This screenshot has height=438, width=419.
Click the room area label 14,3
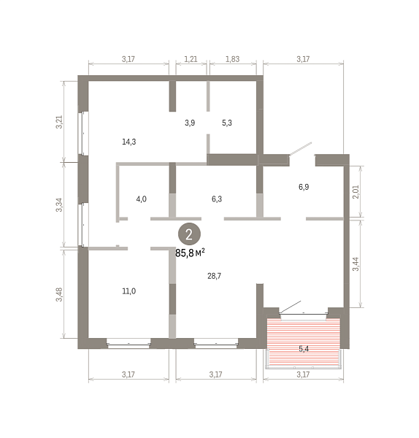pyautogui.click(x=129, y=142)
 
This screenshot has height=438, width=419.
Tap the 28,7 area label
pyautogui.click(x=215, y=276)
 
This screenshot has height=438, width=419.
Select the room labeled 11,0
pyautogui.click(x=129, y=291)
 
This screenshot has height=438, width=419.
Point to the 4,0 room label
pyautogui.click(x=142, y=199)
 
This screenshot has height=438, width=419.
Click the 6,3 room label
pyautogui.click(x=217, y=199)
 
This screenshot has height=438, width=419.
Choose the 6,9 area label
pyautogui.click(x=304, y=187)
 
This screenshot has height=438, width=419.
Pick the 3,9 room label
pyautogui.click(x=190, y=123)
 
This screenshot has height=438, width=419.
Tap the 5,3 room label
pyautogui.click(x=227, y=123)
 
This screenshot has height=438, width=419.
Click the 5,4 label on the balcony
pyautogui.click(x=304, y=349)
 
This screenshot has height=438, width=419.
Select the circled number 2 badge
pyautogui.click(x=189, y=234)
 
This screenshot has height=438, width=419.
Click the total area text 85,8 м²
pyautogui.click(x=190, y=253)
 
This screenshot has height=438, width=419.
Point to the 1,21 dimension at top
pyautogui.click(x=191, y=59)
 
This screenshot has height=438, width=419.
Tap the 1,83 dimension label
pyautogui.click(x=233, y=59)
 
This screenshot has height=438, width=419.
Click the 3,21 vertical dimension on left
pyautogui.click(x=59, y=122)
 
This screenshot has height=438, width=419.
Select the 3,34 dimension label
pyautogui.click(x=59, y=204)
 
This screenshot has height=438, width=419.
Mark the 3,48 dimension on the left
pyautogui.click(x=59, y=294)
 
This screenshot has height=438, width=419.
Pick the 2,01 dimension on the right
pyautogui.click(x=356, y=192)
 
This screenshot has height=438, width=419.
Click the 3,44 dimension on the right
pyautogui.click(x=356, y=264)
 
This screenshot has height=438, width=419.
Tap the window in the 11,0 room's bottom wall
pyautogui.click(x=128, y=344)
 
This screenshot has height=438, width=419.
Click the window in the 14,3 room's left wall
pyautogui.click(x=83, y=134)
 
